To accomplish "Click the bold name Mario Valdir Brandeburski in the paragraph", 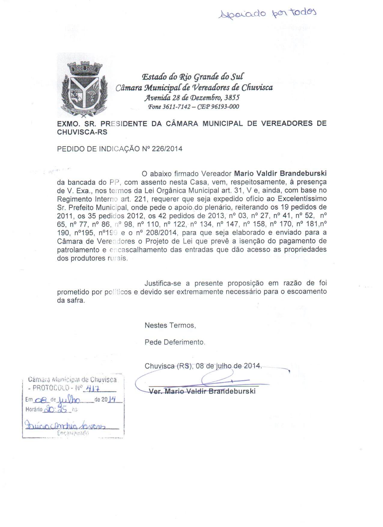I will click(x=280, y=174).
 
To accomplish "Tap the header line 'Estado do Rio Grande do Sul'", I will click(x=193, y=77).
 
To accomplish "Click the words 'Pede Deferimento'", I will click(x=175, y=342).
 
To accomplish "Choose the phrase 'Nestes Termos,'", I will click(x=170, y=325).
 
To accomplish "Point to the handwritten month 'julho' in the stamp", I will click(x=69, y=400).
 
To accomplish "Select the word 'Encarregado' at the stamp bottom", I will click(x=73, y=434).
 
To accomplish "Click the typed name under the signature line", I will click(x=202, y=392).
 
